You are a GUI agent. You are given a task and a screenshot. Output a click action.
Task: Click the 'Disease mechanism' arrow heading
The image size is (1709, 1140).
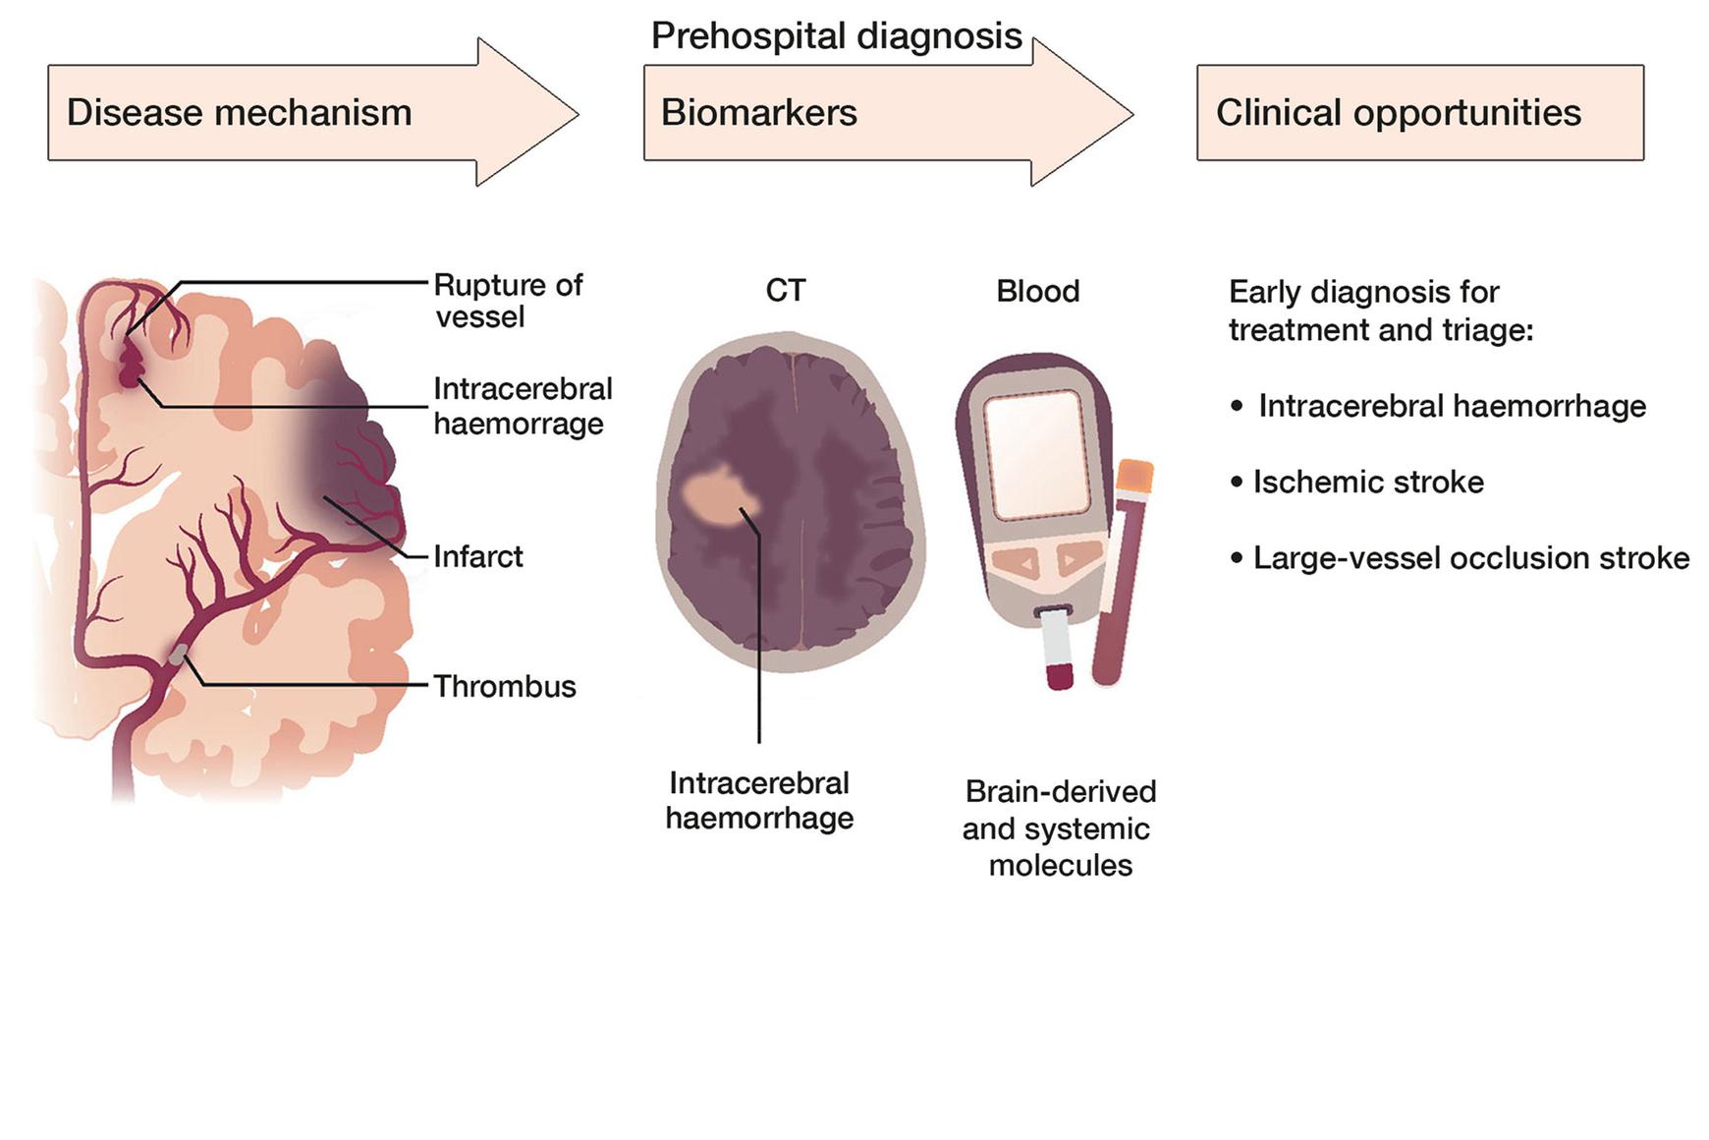coord(239,113)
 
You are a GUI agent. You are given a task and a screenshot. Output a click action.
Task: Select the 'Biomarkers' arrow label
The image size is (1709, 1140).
coord(758,113)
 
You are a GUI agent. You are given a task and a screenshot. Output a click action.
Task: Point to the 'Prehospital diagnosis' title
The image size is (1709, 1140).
coord(837,36)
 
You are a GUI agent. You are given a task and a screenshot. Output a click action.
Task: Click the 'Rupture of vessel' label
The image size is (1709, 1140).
coord(508,301)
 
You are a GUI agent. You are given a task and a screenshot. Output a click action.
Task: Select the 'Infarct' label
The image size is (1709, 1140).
coord(478,556)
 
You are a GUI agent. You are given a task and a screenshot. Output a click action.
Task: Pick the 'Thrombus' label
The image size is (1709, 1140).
coord(505,686)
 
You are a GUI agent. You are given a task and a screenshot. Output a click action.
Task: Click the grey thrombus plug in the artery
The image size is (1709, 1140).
coord(179,654)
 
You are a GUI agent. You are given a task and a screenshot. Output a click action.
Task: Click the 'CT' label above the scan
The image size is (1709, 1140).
coord(786,291)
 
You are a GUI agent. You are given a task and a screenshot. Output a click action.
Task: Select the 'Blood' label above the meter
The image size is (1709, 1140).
coord(1037,291)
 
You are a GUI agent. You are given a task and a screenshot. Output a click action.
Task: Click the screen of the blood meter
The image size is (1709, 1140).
coord(1036,454)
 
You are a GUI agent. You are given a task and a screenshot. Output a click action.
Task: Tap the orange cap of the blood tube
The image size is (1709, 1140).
coord(1134,476)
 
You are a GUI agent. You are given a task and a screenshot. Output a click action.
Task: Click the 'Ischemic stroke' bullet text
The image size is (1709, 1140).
coord(1367,482)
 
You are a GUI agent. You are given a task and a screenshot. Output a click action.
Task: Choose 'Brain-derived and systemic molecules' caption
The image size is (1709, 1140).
coord(1059,827)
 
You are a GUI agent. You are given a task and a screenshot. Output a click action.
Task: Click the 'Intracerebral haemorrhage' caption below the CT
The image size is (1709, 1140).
coord(759,800)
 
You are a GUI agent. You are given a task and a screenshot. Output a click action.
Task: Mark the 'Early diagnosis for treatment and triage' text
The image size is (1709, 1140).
coord(1380,311)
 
